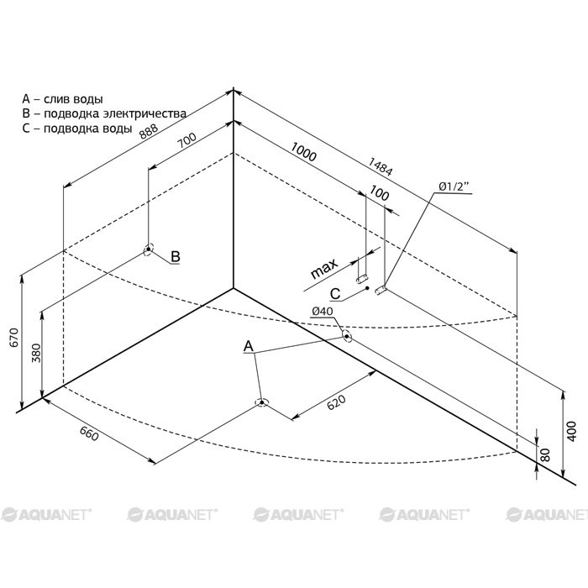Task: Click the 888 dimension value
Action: [149, 131]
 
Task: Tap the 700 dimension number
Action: [186, 140]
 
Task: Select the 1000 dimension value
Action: [303, 151]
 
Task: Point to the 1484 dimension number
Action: [381, 167]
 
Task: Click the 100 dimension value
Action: [379, 193]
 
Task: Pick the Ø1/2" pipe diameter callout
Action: [454, 186]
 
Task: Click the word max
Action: [324, 269]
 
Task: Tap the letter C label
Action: [335, 294]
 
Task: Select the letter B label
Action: [176, 256]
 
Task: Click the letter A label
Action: [249, 346]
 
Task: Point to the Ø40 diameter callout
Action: [322, 312]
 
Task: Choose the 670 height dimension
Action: [14, 337]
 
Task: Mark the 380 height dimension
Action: [36, 354]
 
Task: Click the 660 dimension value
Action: [89, 434]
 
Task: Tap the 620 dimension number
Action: [336, 402]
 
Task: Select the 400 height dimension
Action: [571, 431]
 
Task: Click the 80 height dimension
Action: [546, 455]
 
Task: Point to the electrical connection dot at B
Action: [149, 249]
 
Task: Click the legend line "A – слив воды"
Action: [62, 99]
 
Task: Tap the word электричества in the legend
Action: [144, 113]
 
